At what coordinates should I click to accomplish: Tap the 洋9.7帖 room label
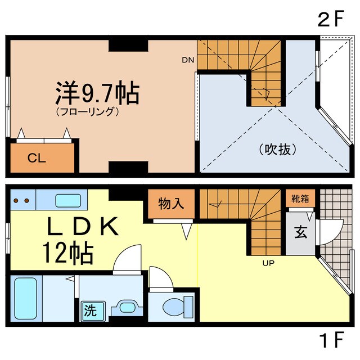pos(97,93)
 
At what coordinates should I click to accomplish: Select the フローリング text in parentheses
pos(87,111)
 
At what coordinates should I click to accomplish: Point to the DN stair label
pos(187,59)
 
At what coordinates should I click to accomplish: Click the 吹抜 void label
pos(277,150)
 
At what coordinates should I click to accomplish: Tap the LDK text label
pos(82,226)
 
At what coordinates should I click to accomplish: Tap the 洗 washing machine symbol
pos(89,309)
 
